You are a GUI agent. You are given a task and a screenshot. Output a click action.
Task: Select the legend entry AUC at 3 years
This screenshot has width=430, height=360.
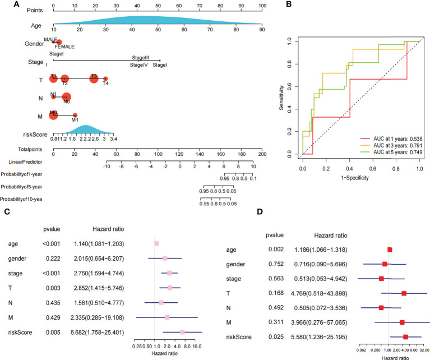pyautogui.click(x=392, y=144)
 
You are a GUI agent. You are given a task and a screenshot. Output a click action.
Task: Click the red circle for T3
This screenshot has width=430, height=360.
pyautogui.click(x=94, y=79)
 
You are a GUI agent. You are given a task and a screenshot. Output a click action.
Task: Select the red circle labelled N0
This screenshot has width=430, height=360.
pyautogui.click(x=67, y=97)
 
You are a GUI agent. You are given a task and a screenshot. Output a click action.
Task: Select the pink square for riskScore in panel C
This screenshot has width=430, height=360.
pyautogui.click(x=183, y=332)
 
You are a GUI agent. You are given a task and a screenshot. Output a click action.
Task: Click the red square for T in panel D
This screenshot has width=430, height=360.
pyautogui.click(x=404, y=293)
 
